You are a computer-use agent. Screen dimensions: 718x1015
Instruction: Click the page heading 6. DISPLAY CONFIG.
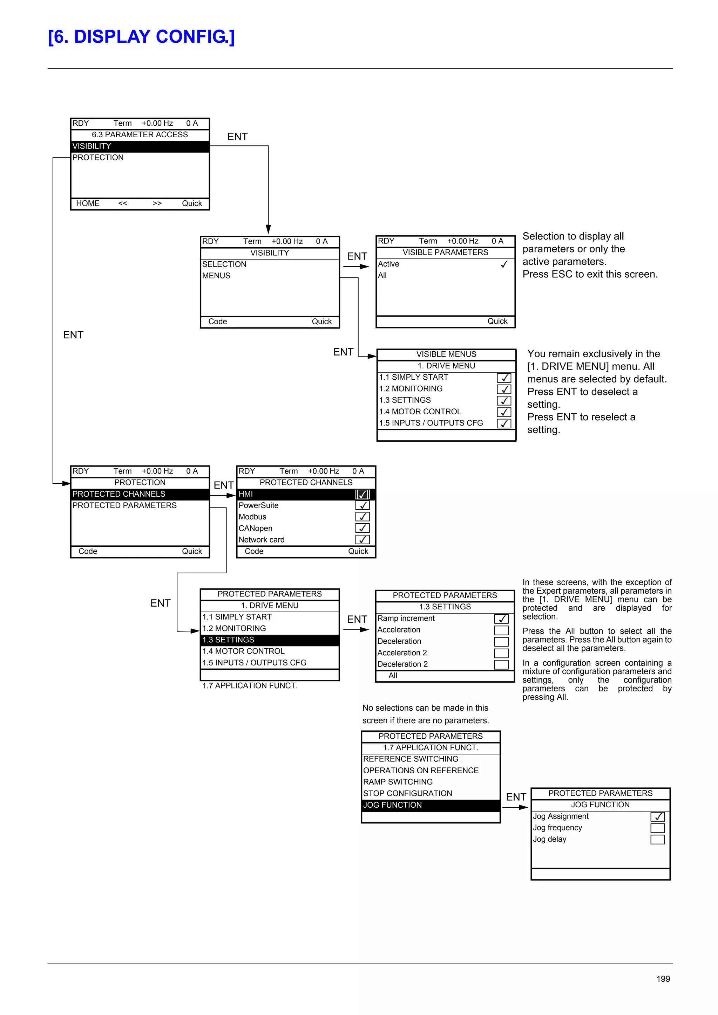pyautogui.click(x=141, y=37)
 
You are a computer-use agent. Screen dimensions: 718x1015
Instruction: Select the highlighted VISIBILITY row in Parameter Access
pyautogui.click(x=140, y=146)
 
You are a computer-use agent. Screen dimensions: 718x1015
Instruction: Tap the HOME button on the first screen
pyautogui.click(x=88, y=203)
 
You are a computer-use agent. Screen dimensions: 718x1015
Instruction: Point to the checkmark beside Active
pyautogui.click(x=504, y=264)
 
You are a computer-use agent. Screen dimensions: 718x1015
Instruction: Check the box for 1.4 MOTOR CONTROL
pyautogui.click(x=504, y=412)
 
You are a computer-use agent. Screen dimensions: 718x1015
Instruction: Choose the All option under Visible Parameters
pyautogui.click(x=382, y=275)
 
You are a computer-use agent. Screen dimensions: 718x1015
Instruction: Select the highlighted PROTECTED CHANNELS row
pyautogui.click(x=140, y=494)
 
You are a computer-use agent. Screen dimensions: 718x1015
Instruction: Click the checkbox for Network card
pyautogui.click(x=362, y=540)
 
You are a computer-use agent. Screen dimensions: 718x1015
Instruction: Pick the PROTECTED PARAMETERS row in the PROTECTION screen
pyautogui.click(x=125, y=506)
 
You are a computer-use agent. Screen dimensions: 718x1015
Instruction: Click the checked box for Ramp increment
pyautogui.click(x=501, y=619)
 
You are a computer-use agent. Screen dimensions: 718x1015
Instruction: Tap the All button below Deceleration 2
pyautogui.click(x=393, y=676)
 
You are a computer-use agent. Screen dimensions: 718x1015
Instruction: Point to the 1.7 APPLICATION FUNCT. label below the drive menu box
pyautogui.click(x=250, y=686)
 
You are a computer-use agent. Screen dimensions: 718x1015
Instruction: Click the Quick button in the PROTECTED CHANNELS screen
pyautogui.click(x=358, y=552)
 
